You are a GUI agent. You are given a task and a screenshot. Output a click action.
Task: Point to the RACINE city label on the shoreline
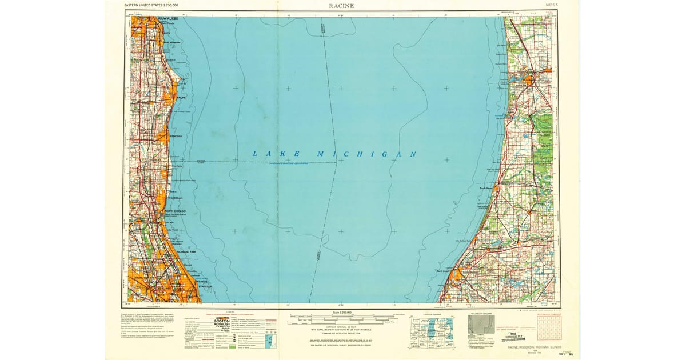click(182, 98)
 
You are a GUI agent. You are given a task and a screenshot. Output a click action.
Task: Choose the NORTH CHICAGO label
click(176, 211)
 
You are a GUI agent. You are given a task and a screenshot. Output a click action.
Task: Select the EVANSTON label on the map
click(205, 286)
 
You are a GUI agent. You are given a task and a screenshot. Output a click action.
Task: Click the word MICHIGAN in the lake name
click(366, 154)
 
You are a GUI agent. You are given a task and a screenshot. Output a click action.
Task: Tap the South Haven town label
click(487, 187)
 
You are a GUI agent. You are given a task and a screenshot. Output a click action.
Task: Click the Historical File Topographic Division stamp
click(517, 338)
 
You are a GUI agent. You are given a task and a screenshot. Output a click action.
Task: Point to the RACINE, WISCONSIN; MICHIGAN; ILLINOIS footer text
click(531, 346)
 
